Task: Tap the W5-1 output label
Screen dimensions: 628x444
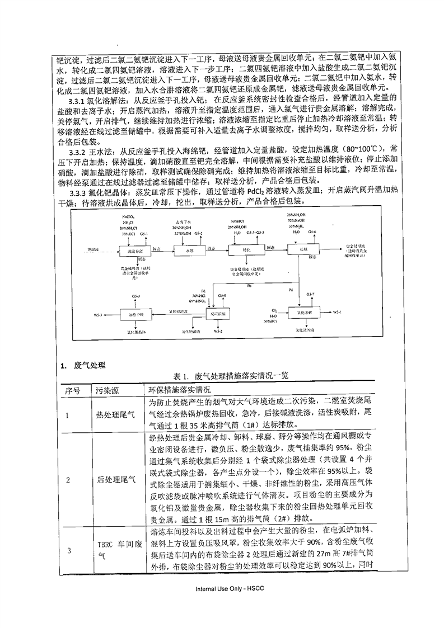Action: click(x=336, y=314)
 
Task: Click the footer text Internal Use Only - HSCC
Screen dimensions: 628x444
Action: click(x=222, y=605)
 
